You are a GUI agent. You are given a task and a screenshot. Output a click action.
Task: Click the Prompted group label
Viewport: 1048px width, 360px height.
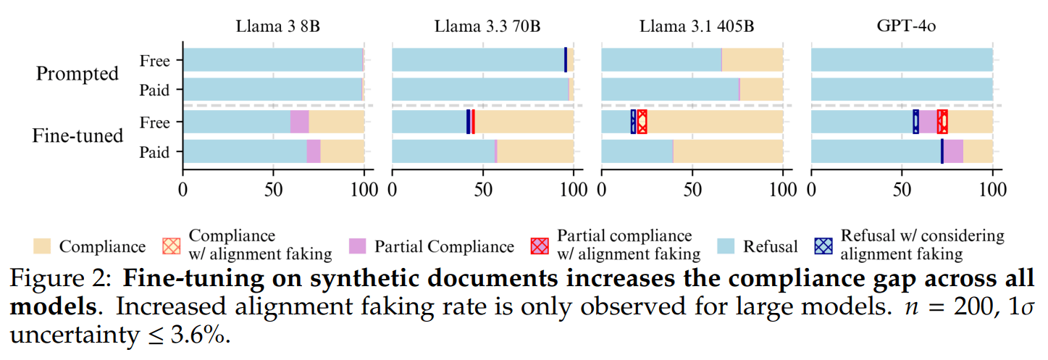(x=77, y=74)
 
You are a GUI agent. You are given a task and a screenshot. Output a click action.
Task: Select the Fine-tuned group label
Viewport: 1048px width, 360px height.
(x=78, y=135)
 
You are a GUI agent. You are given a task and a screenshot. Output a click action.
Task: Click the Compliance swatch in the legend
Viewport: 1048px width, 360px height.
(x=43, y=246)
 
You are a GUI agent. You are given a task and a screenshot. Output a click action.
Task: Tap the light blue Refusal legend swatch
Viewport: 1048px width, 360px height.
(x=729, y=246)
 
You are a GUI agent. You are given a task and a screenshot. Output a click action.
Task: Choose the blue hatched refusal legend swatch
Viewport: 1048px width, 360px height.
(x=823, y=246)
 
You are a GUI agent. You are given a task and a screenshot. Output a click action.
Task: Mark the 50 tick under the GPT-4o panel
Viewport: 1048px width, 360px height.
(x=902, y=189)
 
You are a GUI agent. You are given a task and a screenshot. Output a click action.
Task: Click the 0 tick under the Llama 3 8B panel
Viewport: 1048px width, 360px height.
(x=183, y=189)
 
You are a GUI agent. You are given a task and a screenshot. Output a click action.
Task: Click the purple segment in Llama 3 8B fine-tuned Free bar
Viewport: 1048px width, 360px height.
(x=299, y=122)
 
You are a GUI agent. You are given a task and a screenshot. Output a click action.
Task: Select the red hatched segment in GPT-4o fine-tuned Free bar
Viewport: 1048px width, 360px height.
(x=942, y=122)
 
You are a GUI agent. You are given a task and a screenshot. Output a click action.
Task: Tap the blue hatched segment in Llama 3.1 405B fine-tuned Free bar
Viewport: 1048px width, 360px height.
(x=633, y=122)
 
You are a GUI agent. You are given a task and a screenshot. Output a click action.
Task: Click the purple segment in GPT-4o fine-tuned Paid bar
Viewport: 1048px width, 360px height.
(x=953, y=151)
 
